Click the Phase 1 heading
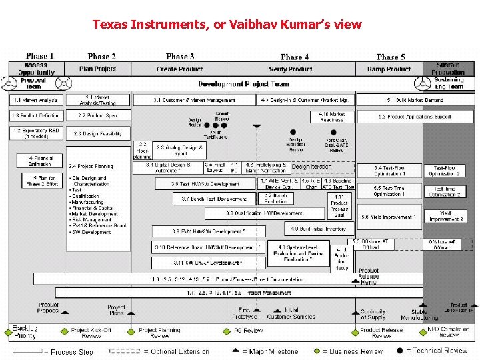(40, 56)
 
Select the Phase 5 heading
(391, 57)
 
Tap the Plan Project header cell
(97, 69)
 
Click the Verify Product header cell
(291, 69)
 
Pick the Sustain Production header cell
(448, 69)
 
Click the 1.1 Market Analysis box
(36, 100)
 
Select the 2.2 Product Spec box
(98, 115)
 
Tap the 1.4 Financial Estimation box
(40, 161)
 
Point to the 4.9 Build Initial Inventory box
(319, 229)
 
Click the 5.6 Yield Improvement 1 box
(389, 217)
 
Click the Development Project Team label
(243, 84)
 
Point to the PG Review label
(248, 331)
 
